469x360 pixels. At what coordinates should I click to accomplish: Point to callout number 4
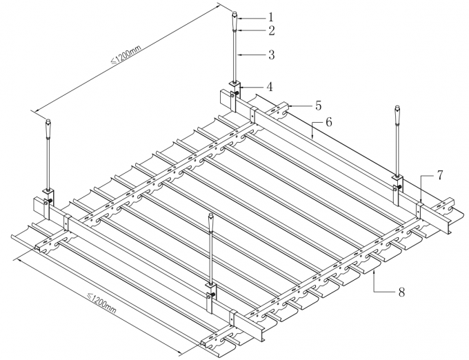click(x=270, y=87)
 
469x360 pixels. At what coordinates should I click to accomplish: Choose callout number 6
click(x=329, y=122)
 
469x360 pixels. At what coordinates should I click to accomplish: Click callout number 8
click(x=401, y=292)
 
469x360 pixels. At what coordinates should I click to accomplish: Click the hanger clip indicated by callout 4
click(x=236, y=88)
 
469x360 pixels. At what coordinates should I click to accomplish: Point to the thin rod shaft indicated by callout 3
click(x=236, y=55)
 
